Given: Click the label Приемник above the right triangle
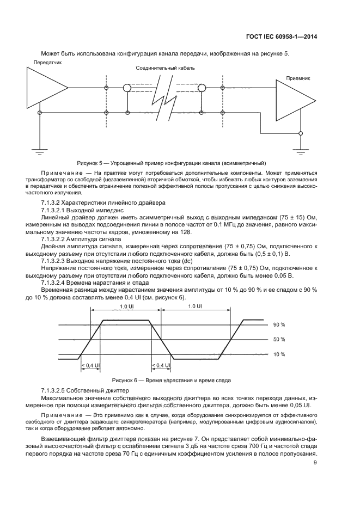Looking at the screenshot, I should [298, 78].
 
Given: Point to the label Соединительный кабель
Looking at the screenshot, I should [165, 69].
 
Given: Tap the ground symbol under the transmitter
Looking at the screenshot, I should [39, 148].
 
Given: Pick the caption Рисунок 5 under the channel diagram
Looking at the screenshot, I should [172, 163].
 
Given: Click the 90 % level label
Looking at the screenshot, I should [279, 324].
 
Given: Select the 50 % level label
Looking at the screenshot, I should [279, 339].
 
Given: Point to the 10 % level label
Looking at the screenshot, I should [279, 354].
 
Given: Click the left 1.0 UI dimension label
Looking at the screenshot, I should [125, 307].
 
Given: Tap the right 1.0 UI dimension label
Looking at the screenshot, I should [194, 307].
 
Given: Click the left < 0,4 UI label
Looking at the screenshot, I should [90, 365].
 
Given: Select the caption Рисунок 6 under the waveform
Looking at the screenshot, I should [172, 380].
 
